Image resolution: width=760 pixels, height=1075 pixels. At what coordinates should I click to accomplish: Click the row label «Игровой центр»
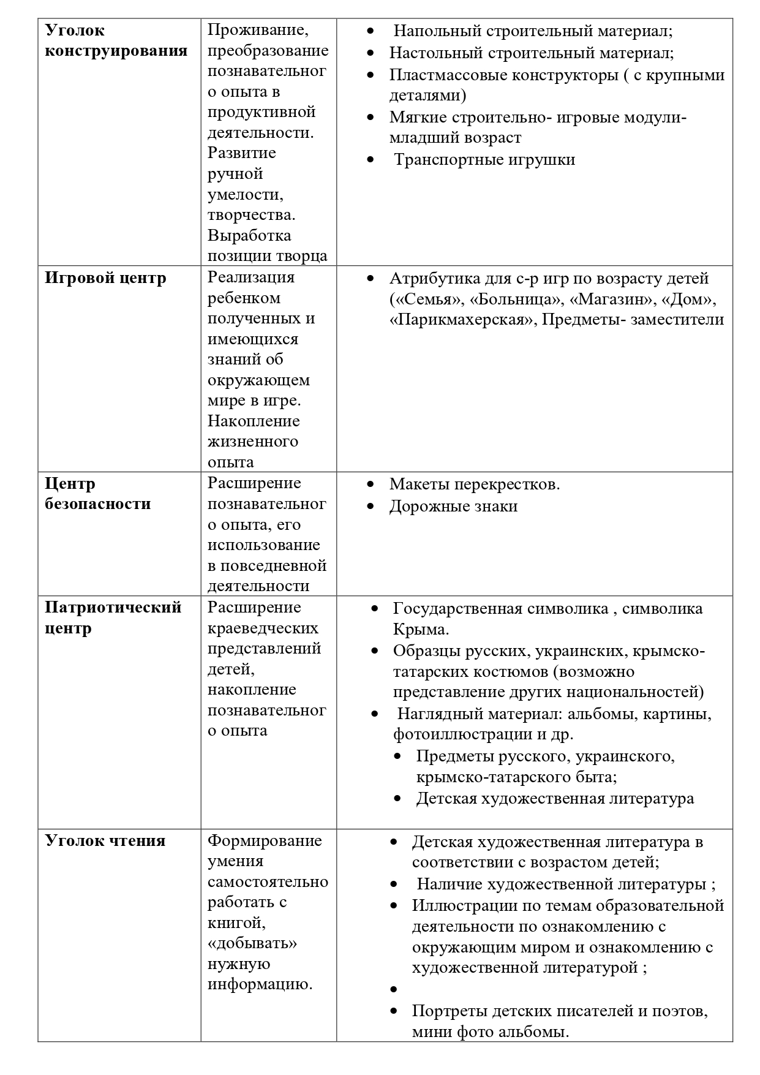point(105,278)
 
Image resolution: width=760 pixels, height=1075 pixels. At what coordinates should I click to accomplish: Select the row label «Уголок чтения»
point(105,840)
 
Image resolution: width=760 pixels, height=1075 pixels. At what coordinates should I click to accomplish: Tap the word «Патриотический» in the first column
point(113,608)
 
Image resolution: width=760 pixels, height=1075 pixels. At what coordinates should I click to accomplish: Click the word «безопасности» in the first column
point(97,504)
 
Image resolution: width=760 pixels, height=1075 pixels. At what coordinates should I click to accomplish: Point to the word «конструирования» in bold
point(116,50)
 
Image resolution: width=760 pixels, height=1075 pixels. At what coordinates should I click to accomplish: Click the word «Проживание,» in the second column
point(257,29)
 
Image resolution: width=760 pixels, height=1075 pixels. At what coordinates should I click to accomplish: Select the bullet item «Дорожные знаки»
point(453,507)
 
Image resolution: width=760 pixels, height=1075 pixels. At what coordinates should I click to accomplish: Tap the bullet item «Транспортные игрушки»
point(484,160)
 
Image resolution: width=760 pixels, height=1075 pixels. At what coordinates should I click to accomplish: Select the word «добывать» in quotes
point(252,943)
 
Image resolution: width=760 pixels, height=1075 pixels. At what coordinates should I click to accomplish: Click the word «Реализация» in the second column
point(251,277)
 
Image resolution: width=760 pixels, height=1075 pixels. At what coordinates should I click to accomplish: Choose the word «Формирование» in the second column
point(265,840)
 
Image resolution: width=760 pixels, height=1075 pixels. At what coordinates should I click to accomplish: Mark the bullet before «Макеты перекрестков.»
point(371,485)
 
